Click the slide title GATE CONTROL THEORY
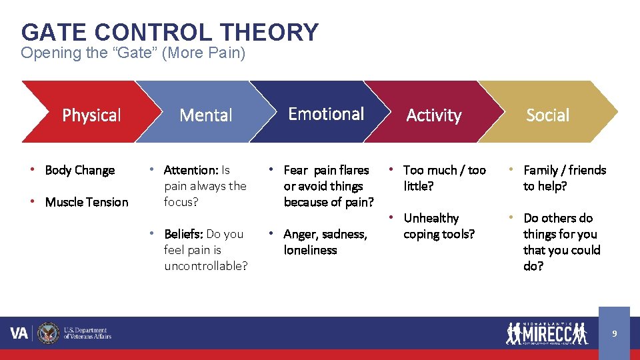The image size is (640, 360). coord(170,32)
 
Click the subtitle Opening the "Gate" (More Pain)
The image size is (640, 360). coord(133,53)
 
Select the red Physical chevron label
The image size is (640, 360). coord(91,115)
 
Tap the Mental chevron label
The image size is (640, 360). coord(206,115)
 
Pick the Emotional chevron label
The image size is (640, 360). coord(326,114)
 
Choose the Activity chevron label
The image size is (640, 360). coord(434,115)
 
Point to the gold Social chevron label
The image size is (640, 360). coord(547,115)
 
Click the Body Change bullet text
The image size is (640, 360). coord(79,170)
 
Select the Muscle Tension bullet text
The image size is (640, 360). coord(87,202)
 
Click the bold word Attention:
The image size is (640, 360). coord(191,170)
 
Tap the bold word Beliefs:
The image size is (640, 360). coord(183,234)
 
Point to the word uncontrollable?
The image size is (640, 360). coord(206,266)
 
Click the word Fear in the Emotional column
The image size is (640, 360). coord(296,170)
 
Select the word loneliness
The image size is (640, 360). coord(310,250)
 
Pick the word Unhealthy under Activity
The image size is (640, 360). coord(431,218)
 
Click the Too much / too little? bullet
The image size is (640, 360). coord(445,178)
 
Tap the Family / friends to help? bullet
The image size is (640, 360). coord(564,178)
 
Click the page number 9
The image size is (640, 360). coord(614,333)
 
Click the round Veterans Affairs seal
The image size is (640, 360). coord(49,333)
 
